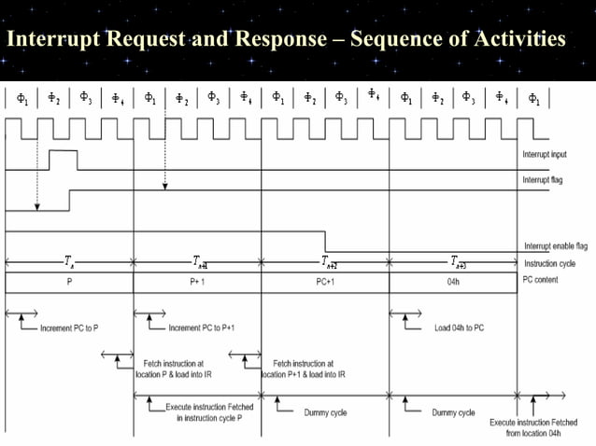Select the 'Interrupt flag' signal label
point(543,179)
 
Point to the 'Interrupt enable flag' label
point(554,246)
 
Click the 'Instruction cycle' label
point(547,264)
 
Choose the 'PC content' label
point(541,281)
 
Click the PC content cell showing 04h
point(452,282)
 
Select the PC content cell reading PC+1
point(324,282)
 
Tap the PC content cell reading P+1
point(197,282)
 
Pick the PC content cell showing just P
point(69,282)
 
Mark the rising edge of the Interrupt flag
point(69,200)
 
